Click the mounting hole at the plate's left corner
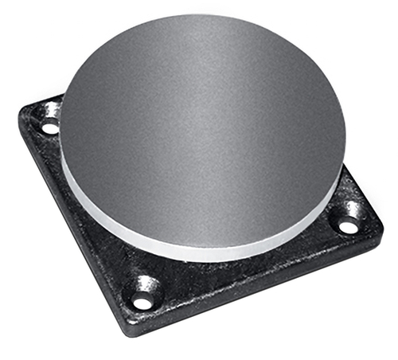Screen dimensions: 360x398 coord(49,127)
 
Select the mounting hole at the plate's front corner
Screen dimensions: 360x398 coord(143,301)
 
